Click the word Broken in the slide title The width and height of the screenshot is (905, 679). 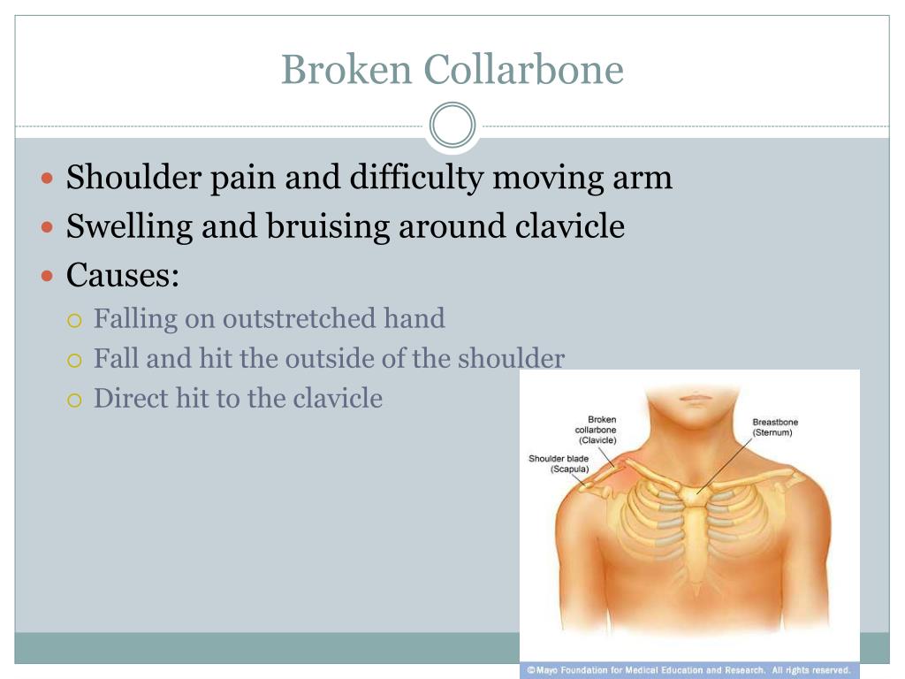tap(346, 69)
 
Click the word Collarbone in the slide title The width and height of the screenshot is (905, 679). tap(523, 69)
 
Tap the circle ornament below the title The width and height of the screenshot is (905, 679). tap(452, 125)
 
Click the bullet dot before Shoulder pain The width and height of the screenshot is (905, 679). tap(48, 178)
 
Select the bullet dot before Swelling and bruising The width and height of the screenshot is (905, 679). tap(48, 227)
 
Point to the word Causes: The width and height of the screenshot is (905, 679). tap(122, 275)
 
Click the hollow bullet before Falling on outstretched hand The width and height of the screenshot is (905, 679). tap(74, 320)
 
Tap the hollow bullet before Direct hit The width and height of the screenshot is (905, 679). tap(74, 401)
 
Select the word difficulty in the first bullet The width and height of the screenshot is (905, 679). tap(417, 178)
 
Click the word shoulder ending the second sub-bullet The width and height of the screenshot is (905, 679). tap(512, 359)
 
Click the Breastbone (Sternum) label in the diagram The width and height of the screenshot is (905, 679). tap(775, 427)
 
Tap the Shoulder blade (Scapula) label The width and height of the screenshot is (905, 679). tap(559, 463)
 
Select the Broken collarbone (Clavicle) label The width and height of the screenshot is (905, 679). tap(596, 430)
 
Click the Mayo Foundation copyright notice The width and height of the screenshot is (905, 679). tap(688, 670)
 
